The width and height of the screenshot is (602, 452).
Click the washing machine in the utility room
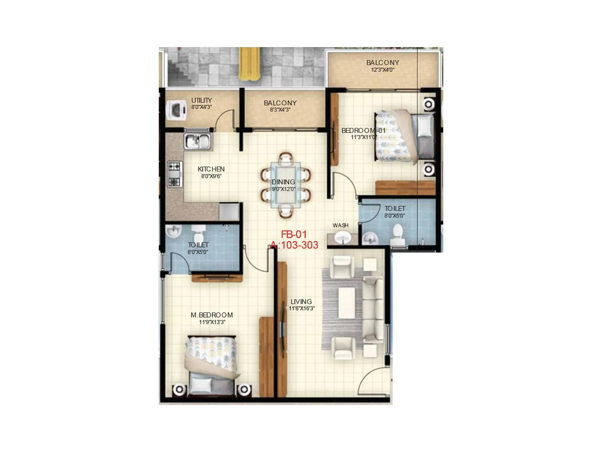tap(176, 110)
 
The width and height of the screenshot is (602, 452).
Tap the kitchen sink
tap(198, 141)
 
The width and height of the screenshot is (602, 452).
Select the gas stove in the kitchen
tap(175, 174)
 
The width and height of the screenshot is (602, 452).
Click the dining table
tap(286, 185)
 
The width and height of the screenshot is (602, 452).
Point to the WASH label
tap(341, 225)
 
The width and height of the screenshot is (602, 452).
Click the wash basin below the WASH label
tap(342, 238)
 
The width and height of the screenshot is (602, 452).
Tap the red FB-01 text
tap(294, 234)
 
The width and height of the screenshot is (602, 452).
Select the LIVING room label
tap(301, 302)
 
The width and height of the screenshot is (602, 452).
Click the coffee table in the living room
tap(347, 302)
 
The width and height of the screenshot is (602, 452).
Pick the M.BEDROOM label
tap(212, 315)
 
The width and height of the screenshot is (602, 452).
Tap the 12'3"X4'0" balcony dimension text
tap(383, 70)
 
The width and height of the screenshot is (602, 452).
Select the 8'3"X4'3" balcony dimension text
tap(280, 110)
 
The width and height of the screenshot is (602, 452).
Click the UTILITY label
tap(202, 100)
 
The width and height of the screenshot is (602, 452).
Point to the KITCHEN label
tap(211, 169)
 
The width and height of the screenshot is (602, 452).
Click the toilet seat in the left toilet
tap(198, 231)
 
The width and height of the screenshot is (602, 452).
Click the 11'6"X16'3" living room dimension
tap(302, 308)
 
